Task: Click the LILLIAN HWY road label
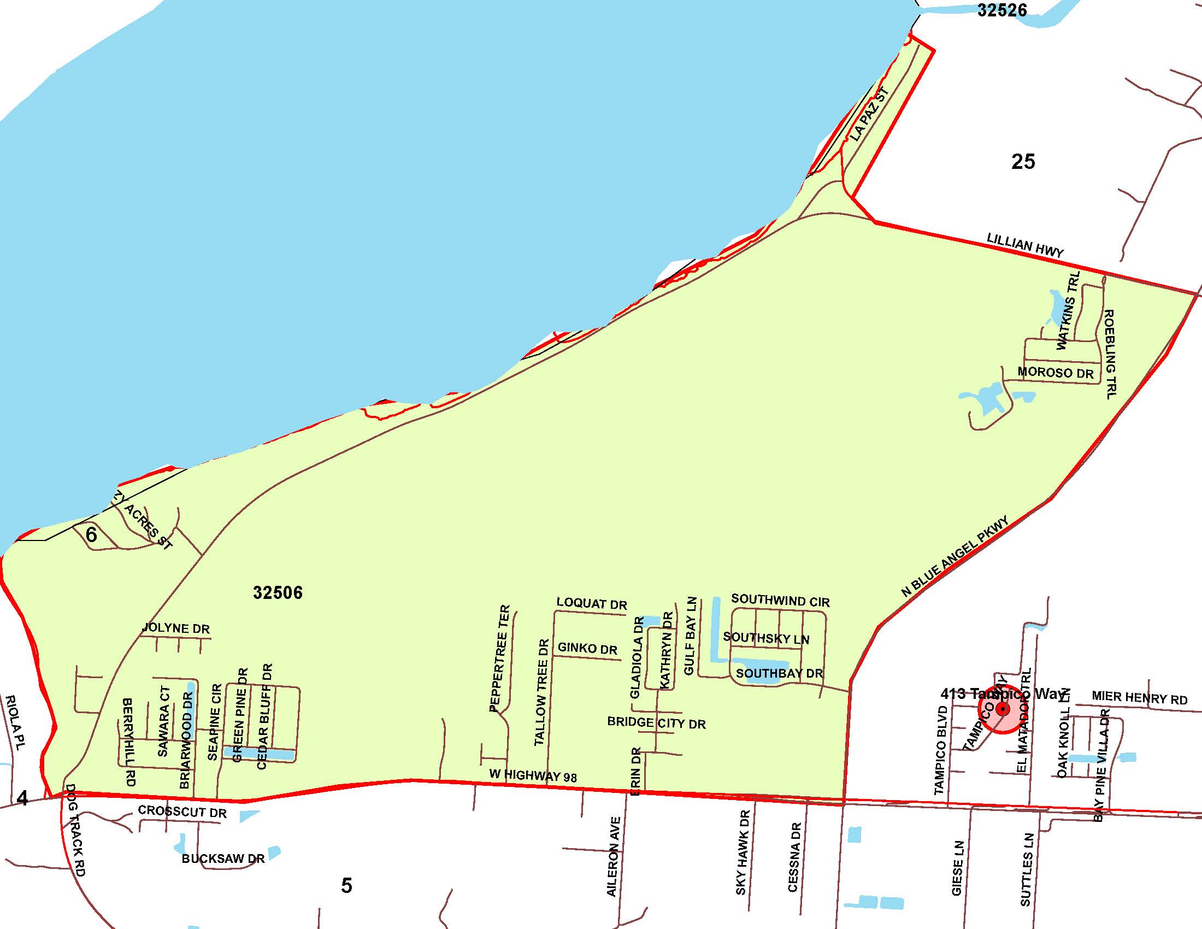[1025, 245]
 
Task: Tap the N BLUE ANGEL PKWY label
[955, 556]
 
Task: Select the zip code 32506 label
[278, 593]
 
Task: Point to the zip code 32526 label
[1001, 10]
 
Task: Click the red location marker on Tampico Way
[1002, 708]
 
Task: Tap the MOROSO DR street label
[1055, 373]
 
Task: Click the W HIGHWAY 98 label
[533, 775]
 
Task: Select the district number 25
[1023, 161]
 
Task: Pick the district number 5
[346, 885]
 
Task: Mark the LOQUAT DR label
[592, 603]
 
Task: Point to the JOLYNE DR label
[176, 628]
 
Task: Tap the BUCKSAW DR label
[223, 859]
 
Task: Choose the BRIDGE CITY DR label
[656, 722]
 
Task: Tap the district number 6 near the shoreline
[91, 534]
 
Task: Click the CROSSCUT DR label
[181, 811]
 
